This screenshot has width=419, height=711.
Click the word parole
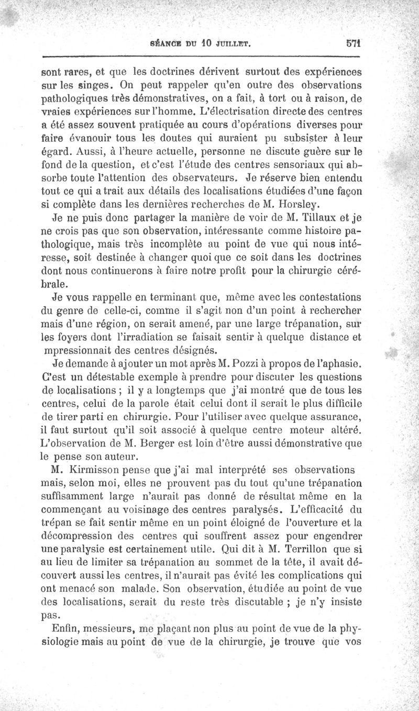[x=159, y=404]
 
